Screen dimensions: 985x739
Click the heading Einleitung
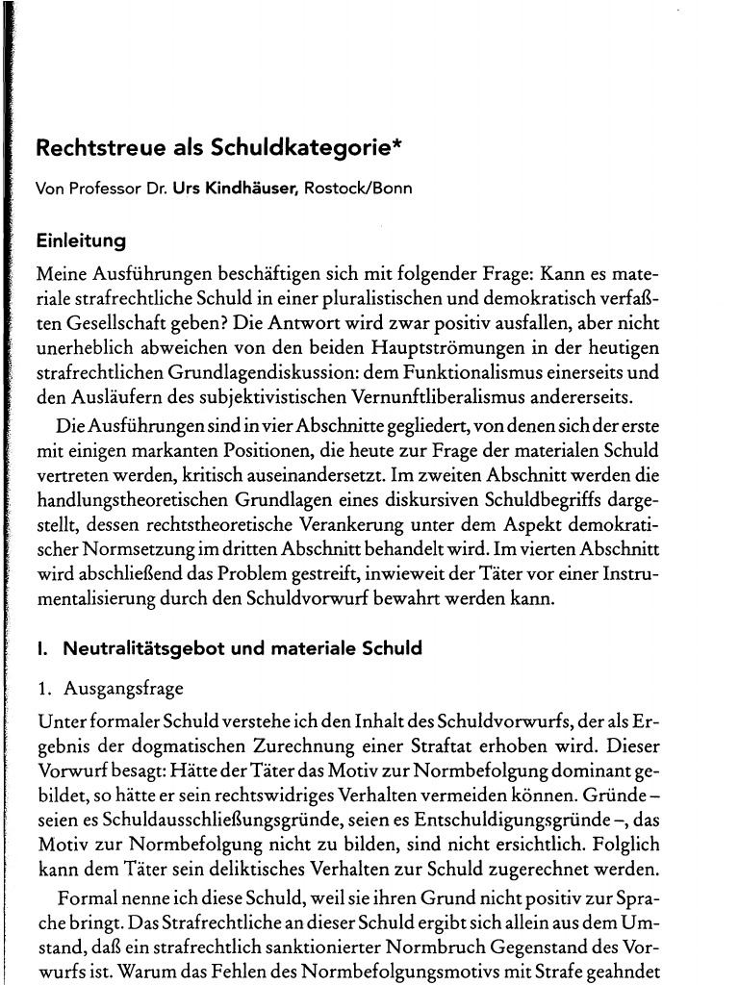tap(80, 240)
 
